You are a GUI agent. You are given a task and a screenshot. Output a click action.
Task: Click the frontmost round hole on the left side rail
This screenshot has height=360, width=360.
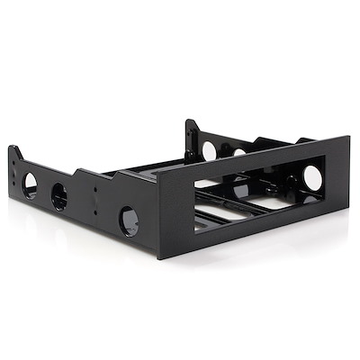(129, 220)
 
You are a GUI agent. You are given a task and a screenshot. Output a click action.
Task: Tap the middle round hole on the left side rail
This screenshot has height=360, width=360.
(60, 196)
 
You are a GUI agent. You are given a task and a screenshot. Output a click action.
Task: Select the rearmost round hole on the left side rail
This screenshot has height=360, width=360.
(30, 184)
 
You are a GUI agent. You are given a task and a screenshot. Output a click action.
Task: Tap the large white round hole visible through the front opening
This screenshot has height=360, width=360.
(312, 177)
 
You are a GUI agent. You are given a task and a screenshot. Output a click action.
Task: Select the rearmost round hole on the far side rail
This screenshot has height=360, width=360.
(209, 150)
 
